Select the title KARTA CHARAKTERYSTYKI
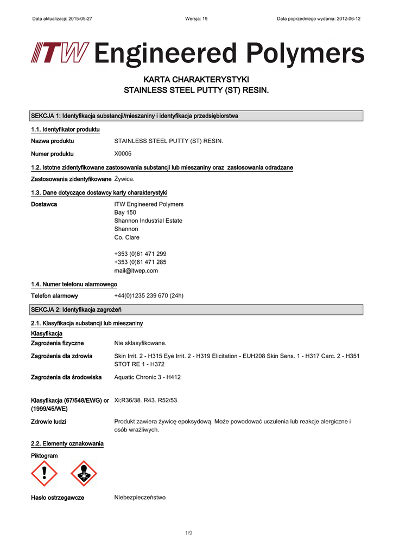(196, 80)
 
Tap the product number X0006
(123, 153)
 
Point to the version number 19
(204, 18)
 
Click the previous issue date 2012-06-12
(348, 18)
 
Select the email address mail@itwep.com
(136, 270)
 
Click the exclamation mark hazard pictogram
(44, 474)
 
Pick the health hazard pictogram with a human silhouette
(84, 474)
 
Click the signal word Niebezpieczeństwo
(140, 497)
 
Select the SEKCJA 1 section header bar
(196, 116)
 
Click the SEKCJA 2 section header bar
(196, 309)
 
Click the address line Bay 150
(125, 212)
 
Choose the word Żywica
(124, 179)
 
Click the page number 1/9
(188, 533)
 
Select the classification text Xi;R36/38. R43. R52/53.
(146, 400)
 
